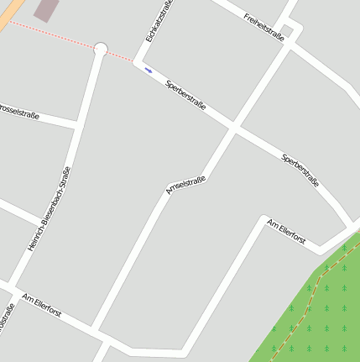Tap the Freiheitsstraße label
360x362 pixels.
click(x=263, y=24)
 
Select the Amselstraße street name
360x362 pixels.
click(x=185, y=186)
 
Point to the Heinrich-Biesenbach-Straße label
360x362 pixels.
click(x=49, y=209)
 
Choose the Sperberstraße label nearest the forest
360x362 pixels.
click(x=300, y=170)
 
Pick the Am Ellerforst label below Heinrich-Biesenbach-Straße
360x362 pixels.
click(x=42, y=305)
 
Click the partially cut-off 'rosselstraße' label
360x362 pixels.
click(x=20, y=112)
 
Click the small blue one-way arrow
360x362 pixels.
click(x=149, y=71)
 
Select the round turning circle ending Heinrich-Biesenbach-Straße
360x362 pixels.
click(x=101, y=50)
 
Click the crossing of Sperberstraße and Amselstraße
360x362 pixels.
click(x=232, y=129)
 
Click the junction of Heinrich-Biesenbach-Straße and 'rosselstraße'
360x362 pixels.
click(x=78, y=124)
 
